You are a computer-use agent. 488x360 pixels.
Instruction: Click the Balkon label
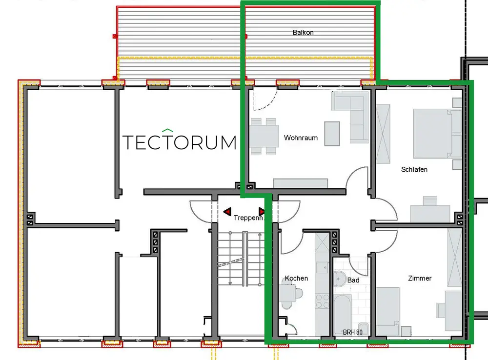(303, 33)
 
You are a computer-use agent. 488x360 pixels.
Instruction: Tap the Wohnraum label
(301, 138)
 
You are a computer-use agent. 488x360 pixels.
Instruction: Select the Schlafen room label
(414, 169)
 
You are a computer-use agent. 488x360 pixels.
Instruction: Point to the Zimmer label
(420, 278)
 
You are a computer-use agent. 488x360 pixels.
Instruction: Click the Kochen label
(296, 278)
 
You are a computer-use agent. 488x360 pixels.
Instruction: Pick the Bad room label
(353, 280)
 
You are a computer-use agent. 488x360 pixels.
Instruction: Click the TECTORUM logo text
(179, 142)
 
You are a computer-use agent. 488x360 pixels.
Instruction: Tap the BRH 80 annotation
(352, 332)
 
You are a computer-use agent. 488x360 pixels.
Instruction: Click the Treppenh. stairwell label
(248, 218)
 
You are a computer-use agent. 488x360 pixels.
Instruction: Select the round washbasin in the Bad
(341, 280)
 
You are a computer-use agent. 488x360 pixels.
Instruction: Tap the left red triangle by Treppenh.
(227, 212)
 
